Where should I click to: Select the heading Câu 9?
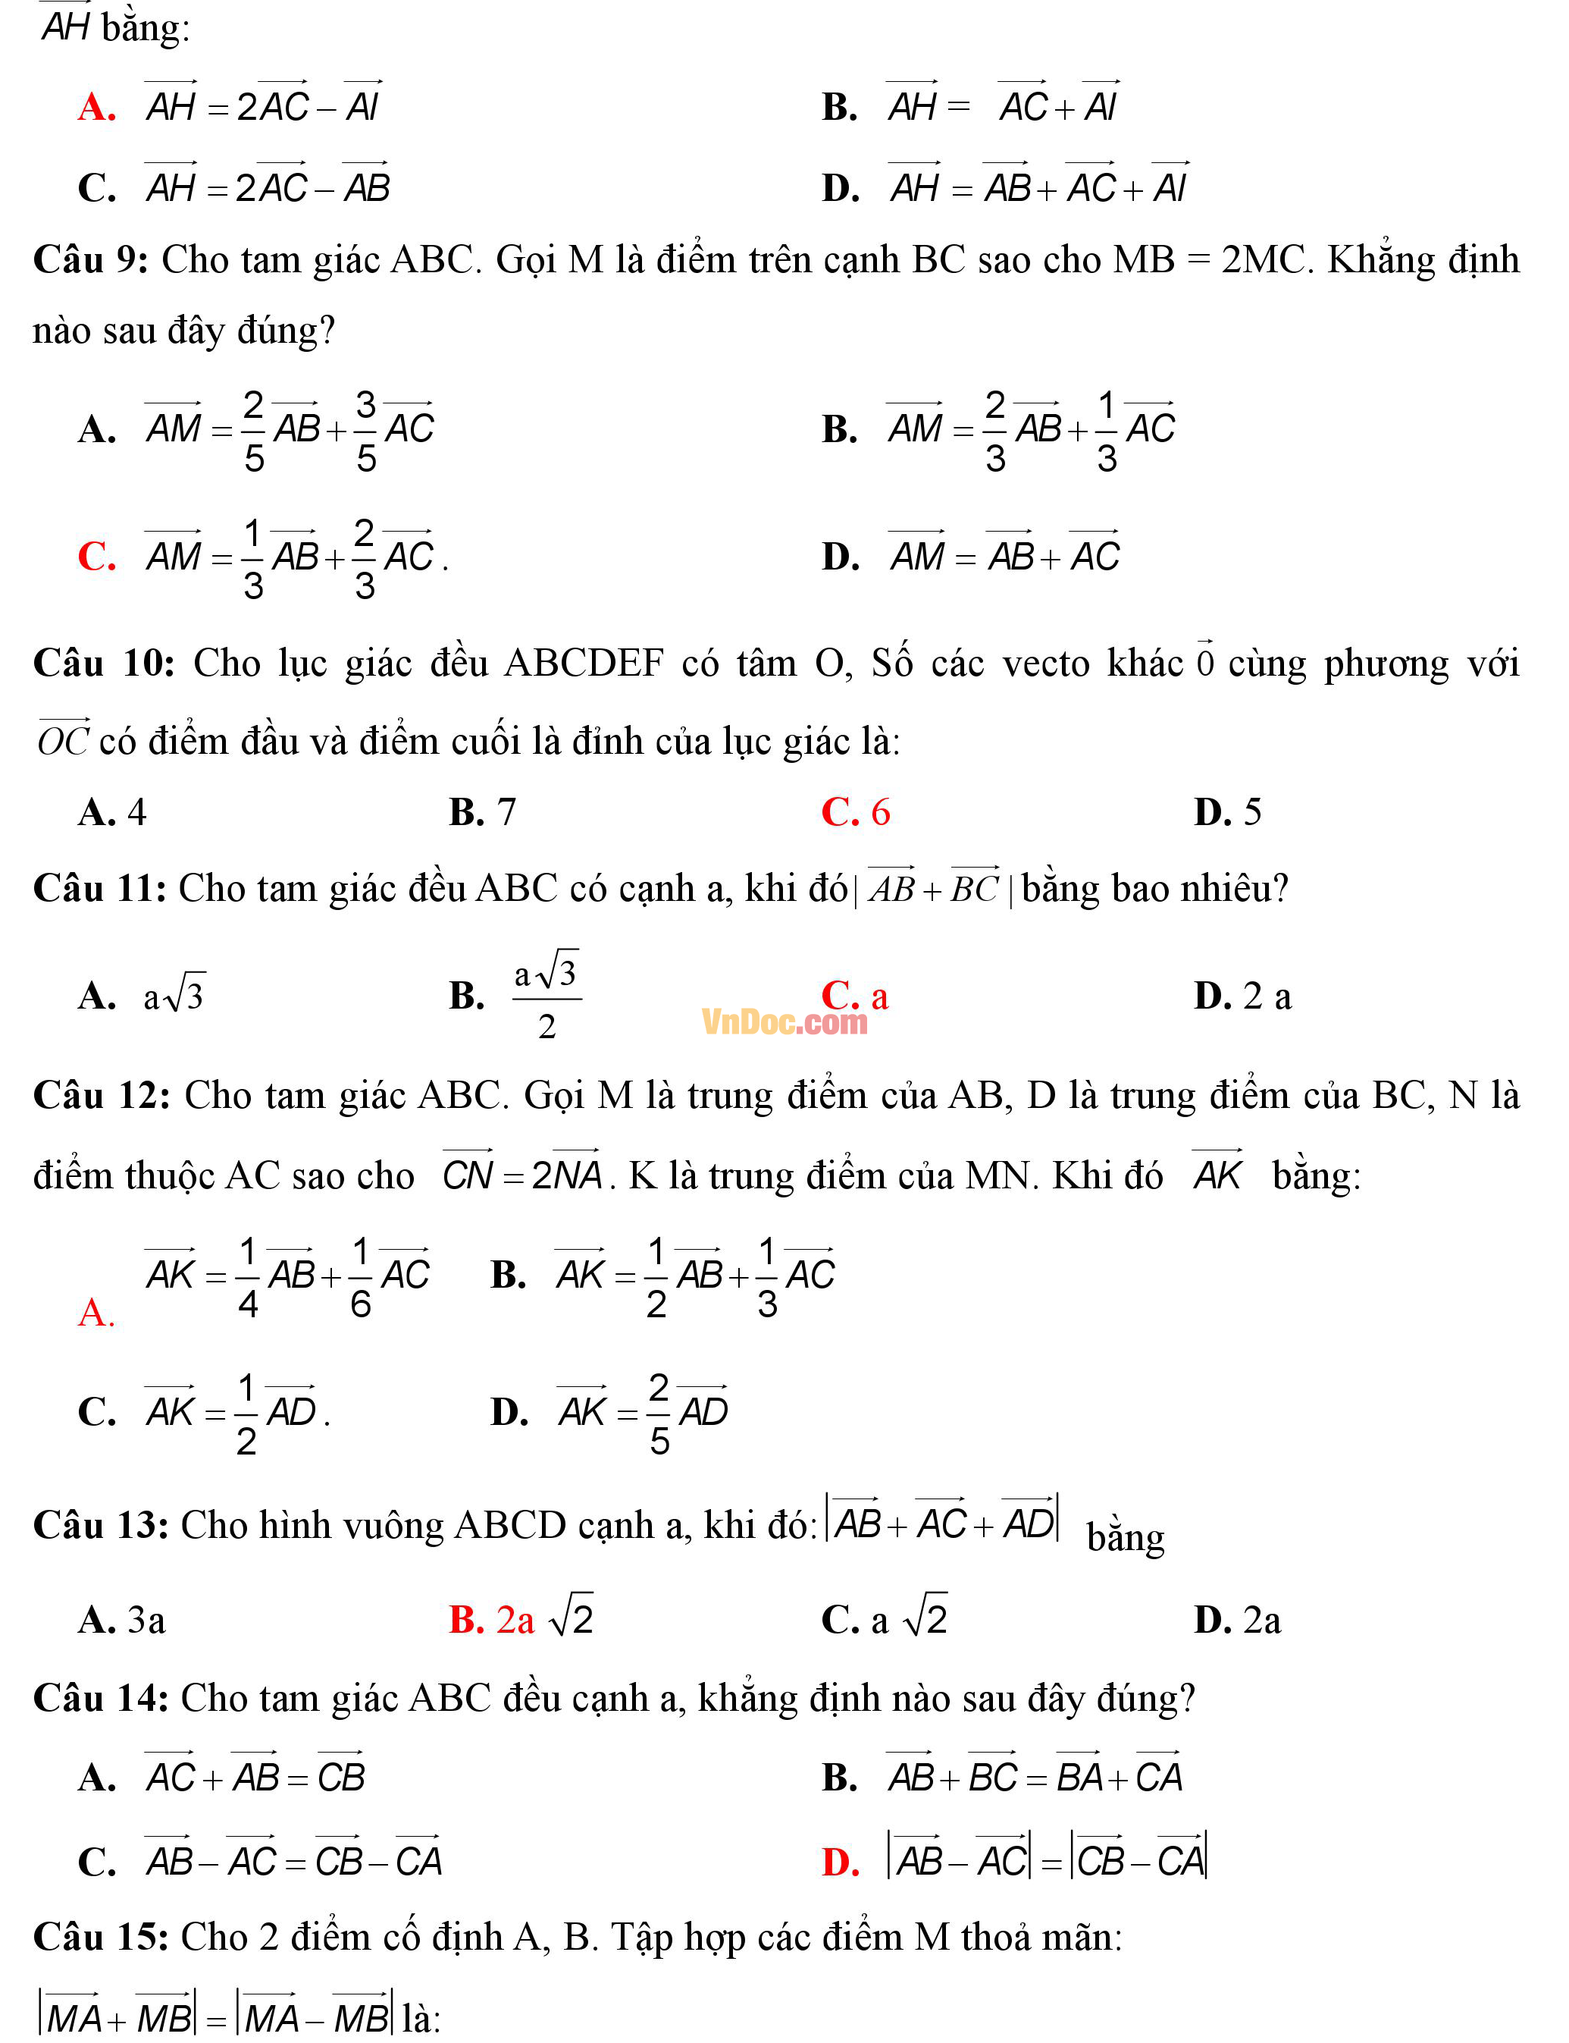point(91,259)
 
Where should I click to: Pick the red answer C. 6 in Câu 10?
point(856,811)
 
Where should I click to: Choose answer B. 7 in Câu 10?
point(482,811)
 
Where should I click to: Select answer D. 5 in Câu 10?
point(1227,811)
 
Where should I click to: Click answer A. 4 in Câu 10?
point(112,811)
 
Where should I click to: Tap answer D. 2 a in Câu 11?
point(1242,996)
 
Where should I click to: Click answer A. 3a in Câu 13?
point(121,1619)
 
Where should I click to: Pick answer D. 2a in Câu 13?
point(1236,1619)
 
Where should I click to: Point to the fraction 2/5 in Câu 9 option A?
point(254,431)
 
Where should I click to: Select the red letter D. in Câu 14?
point(841,1862)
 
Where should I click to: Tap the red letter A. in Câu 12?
point(96,1313)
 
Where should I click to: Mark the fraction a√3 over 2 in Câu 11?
point(547,996)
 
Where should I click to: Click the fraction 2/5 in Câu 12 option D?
point(659,1414)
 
